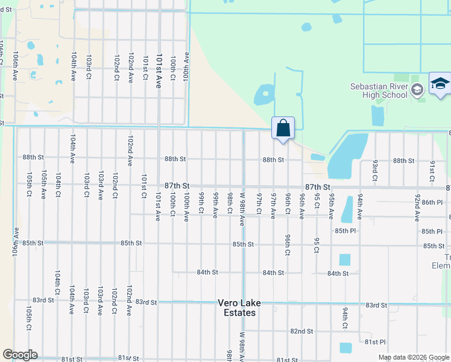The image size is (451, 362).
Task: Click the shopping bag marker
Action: point(283,129)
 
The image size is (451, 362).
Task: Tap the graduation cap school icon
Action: point(440,84)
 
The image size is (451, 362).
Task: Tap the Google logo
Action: point(20,355)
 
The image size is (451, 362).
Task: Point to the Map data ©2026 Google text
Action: point(413,358)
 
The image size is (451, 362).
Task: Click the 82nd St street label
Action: point(301,331)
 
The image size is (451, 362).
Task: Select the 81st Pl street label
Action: point(375,341)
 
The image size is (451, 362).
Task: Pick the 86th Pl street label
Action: point(432,202)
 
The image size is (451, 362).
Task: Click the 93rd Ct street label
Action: point(374,170)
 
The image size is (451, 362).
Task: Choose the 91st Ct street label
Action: point(432,170)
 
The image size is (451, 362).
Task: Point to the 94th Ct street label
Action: point(345,317)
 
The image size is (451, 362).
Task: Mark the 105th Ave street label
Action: point(43,181)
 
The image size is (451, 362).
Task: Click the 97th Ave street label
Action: point(273,206)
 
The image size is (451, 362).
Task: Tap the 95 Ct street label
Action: point(317,245)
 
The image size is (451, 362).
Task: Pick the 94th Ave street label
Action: point(360,206)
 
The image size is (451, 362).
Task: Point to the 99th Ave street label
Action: point(215,206)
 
